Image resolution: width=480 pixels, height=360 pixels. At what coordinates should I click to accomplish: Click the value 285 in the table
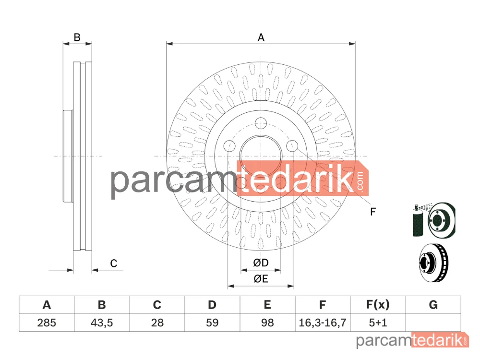click(x=47, y=323)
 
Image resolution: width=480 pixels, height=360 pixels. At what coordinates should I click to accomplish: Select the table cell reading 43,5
click(x=102, y=323)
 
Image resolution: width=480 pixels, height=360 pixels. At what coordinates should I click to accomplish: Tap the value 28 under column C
click(x=157, y=323)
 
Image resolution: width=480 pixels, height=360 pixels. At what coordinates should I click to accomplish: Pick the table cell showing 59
click(x=212, y=323)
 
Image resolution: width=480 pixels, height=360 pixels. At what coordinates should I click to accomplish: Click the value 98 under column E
click(x=267, y=323)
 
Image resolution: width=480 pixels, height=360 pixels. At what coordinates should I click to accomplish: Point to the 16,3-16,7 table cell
click(x=323, y=323)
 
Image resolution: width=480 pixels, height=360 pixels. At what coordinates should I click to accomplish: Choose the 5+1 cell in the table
click(x=378, y=323)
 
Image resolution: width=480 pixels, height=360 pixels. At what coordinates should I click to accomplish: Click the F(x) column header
click(x=378, y=305)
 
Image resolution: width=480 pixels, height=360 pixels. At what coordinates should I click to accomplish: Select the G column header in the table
click(x=433, y=305)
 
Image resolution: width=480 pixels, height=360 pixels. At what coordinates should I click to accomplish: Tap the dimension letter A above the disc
click(x=261, y=37)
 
